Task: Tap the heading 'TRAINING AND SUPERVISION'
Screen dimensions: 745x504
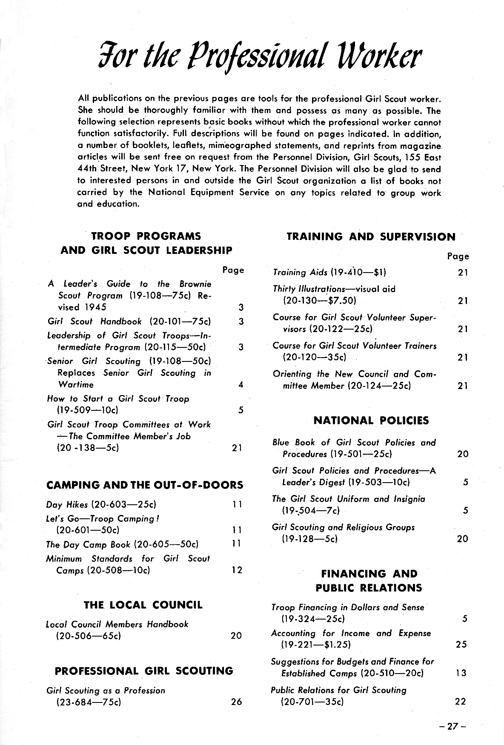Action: (x=371, y=237)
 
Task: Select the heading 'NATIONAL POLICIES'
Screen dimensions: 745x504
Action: (x=371, y=421)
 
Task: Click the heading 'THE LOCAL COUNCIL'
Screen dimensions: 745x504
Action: (x=143, y=605)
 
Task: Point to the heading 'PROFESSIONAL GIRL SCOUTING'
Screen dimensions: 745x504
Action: (x=144, y=671)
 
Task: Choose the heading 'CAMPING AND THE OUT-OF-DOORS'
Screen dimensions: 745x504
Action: (x=145, y=485)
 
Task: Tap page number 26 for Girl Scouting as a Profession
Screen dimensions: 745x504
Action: (x=236, y=702)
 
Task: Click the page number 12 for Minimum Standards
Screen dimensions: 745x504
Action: (x=237, y=570)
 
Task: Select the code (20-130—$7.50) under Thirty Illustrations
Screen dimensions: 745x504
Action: (x=319, y=301)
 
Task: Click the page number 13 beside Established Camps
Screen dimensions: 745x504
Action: (x=461, y=673)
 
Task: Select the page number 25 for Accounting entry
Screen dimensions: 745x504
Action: (x=461, y=645)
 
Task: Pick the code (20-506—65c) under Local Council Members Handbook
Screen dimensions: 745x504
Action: (x=89, y=636)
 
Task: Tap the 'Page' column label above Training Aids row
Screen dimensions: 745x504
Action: (x=458, y=256)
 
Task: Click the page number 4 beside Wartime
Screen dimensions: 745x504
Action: (x=241, y=385)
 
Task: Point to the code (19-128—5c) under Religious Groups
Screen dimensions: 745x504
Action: (x=309, y=539)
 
